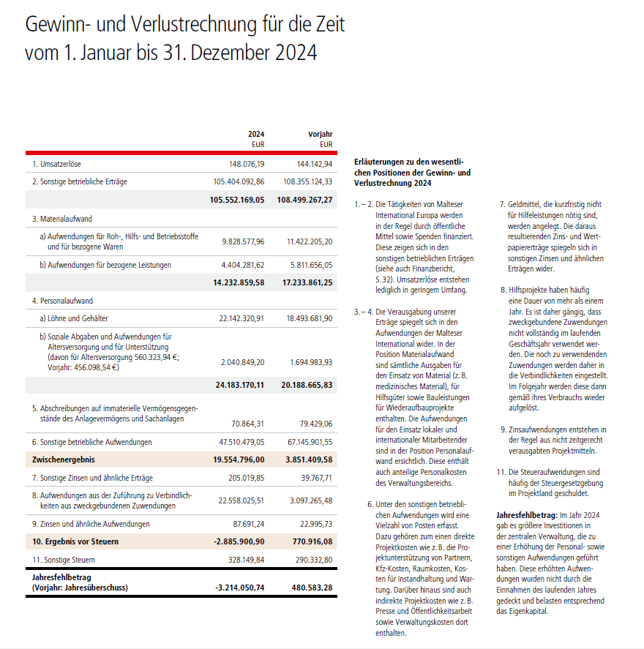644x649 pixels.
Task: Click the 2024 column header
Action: pos(255,134)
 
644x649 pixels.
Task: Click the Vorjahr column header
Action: pos(321,134)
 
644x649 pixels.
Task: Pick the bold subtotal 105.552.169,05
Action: pos(236,200)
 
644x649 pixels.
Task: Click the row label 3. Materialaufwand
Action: pos(62,219)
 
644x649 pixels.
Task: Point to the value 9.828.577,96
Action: pos(243,241)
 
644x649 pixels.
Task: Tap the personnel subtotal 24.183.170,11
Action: pos(239,384)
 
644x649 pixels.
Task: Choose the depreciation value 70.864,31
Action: pos(247,423)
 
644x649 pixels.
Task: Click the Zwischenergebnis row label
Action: pos(64,459)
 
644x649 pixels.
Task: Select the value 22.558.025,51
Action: pos(241,500)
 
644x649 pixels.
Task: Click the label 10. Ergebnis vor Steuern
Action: pos(75,541)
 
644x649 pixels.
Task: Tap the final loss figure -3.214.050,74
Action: pos(239,587)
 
